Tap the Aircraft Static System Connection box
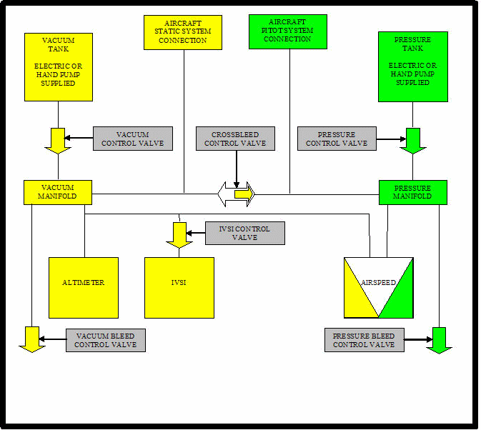[182, 32]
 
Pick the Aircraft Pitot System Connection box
[288, 31]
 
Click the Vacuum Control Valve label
[132, 139]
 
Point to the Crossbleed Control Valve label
[235, 139]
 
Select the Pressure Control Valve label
[337, 139]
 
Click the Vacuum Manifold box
[59, 192]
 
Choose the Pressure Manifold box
[412, 192]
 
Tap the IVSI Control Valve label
[245, 233]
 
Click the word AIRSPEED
[378, 283]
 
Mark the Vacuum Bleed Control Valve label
[106, 340]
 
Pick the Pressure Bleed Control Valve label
[364, 340]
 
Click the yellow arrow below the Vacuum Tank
[58, 139]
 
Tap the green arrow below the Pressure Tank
[412, 140]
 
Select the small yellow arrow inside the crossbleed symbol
[244, 194]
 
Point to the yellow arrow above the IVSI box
[179, 234]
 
